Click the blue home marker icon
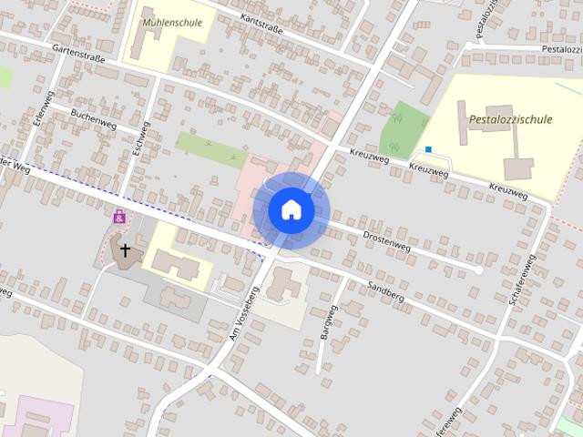click(x=291, y=209)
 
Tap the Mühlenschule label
click(x=173, y=22)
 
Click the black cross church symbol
click(x=125, y=248)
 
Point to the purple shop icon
click(x=119, y=217)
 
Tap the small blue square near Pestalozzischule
click(x=428, y=149)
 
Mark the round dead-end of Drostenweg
click(x=479, y=270)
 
